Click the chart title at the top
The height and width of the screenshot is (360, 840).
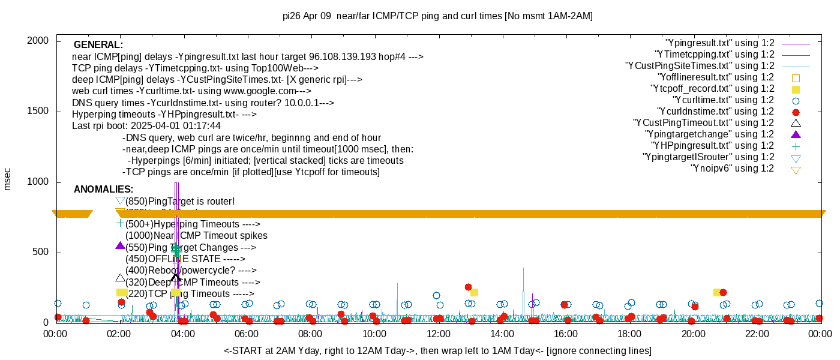click(437, 16)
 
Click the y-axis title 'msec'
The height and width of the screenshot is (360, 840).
click(8, 179)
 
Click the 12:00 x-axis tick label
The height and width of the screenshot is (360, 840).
click(438, 334)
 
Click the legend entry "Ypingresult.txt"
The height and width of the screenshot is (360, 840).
click(719, 43)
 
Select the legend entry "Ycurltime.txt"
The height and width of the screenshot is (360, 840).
click(723, 100)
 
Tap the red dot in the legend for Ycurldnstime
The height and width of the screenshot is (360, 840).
click(796, 112)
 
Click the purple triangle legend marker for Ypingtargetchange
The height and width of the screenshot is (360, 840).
click(796, 134)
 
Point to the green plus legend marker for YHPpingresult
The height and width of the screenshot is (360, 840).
click(796, 146)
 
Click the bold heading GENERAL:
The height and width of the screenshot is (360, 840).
click(98, 45)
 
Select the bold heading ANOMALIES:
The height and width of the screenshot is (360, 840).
click(103, 190)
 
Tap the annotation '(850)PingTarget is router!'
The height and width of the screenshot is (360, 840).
click(180, 201)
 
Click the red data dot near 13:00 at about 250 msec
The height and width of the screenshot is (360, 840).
click(468, 287)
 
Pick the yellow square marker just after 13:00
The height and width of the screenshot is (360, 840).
click(474, 292)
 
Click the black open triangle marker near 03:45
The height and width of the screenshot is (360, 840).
click(176, 277)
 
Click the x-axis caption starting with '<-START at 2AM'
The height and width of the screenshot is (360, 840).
click(437, 350)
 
